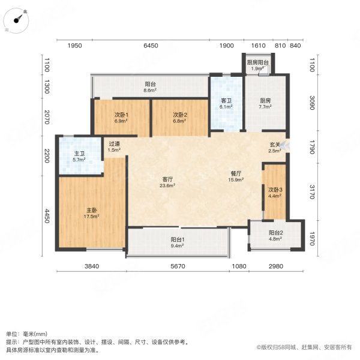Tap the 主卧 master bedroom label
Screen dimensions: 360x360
pyautogui.click(x=91, y=214)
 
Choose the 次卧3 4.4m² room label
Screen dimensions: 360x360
pyautogui.click(x=275, y=193)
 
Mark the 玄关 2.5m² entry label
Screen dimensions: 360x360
pyautogui.click(x=275, y=148)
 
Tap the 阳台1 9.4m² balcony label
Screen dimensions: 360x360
pyautogui.click(x=177, y=243)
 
